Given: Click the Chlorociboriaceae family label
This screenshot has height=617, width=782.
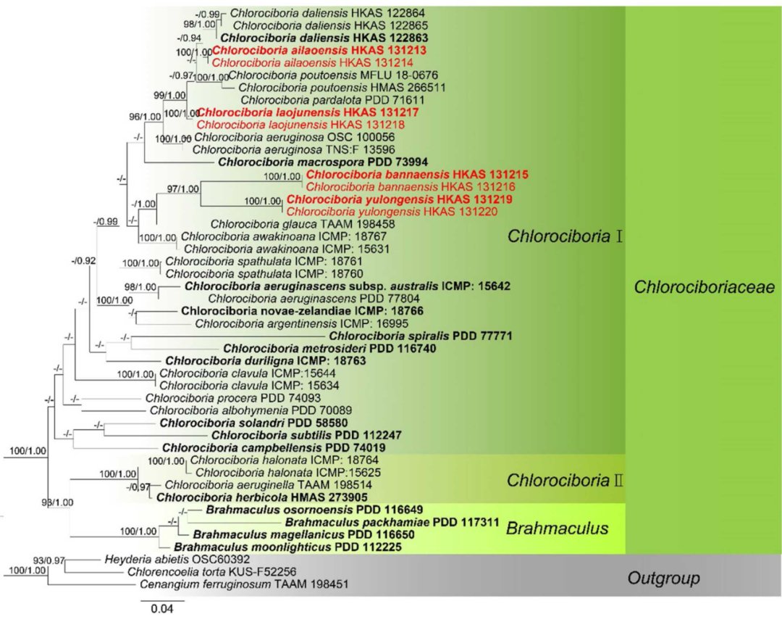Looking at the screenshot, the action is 705,287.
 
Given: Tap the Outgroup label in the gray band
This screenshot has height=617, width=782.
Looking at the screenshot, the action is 663,578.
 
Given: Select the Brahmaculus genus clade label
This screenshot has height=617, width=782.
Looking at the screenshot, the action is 557,528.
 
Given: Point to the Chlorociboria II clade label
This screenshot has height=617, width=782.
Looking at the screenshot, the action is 565,480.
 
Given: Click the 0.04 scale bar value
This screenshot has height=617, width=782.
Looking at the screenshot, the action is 161,608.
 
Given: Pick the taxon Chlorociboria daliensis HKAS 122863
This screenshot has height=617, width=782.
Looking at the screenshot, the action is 324,38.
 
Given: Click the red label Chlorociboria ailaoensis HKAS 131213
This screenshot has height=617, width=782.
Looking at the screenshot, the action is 320,51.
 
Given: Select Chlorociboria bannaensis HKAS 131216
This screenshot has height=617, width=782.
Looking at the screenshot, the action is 411,187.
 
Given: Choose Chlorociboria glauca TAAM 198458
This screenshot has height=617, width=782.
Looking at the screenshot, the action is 303,224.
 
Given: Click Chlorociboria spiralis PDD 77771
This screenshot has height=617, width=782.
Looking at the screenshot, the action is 421,336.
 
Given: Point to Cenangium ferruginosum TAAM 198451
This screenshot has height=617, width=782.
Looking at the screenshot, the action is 244,584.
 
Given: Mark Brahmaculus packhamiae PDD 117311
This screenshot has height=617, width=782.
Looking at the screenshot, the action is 392,523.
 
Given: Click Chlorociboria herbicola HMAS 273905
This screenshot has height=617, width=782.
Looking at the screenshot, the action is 262,497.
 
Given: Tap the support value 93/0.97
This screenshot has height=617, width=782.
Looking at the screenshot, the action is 49,560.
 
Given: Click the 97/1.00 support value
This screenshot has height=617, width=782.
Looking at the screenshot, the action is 183,189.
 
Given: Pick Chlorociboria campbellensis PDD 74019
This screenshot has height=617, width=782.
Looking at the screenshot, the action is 274,448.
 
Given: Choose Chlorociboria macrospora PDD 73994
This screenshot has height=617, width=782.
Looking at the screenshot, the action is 323,162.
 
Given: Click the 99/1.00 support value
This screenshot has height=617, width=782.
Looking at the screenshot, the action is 169,96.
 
